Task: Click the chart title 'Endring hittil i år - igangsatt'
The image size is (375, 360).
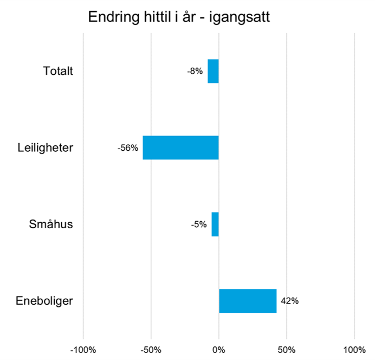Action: click(x=179, y=17)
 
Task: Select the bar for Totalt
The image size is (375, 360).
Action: click(x=213, y=71)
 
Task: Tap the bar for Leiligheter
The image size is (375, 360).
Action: click(x=180, y=147)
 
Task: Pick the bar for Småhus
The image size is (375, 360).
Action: click(x=215, y=224)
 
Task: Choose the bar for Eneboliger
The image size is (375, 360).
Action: click(x=248, y=301)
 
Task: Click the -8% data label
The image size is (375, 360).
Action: click(x=195, y=71)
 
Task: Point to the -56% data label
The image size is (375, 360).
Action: click(x=128, y=147)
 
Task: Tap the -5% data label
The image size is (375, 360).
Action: click(x=198, y=224)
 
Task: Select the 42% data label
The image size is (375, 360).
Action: click(x=289, y=301)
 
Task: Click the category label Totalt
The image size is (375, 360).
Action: click(x=58, y=71)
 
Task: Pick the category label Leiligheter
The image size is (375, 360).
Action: click(x=46, y=147)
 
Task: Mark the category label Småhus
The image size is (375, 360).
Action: click(x=51, y=224)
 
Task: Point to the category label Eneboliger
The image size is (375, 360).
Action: click(x=44, y=301)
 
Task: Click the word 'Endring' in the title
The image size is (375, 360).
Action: click(x=112, y=18)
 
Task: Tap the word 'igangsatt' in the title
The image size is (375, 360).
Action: click(x=240, y=18)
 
